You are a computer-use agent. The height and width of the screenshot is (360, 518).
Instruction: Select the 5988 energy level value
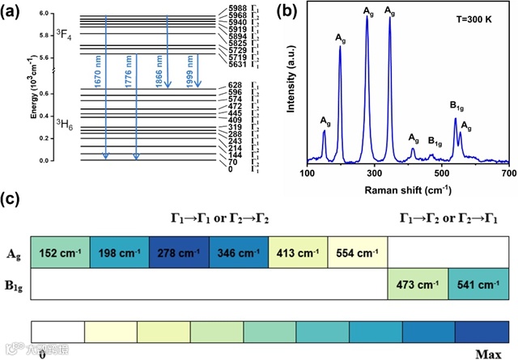[x=238, y=8]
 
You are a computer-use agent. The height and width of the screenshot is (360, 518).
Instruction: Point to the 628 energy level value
[x=236, y=85]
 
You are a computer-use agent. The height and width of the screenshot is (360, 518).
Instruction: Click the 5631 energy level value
[x=238, y=65]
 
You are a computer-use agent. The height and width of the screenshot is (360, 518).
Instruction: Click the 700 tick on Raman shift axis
[x=507, y=174]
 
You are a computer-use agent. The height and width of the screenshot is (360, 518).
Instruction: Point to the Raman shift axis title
[x=407, y=188]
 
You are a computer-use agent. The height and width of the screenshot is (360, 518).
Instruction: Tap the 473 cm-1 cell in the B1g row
[x=418, y=285]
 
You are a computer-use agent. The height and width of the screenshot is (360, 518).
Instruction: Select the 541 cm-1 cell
[x=477, y=285]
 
